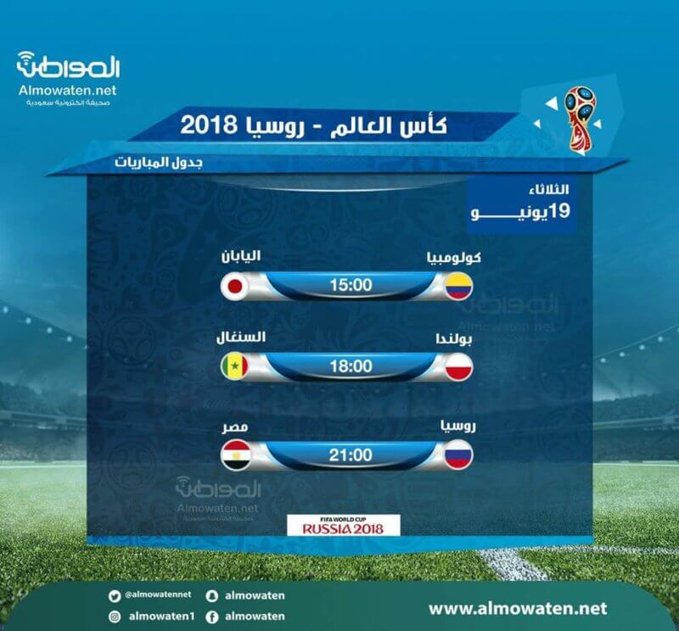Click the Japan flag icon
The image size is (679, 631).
coord(235,286)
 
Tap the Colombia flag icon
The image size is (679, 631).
coord(458,286)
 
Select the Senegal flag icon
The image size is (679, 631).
coord(235,367)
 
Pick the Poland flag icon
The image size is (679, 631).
coord(458,367)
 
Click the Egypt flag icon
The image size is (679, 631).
coord(236,455)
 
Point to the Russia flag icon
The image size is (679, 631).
coord(458,455)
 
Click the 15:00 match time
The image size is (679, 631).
coord(351,285)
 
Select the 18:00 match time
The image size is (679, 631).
coord(351,366)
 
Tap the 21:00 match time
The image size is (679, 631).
coord(351,455)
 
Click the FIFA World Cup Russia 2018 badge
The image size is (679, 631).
coord(344,525)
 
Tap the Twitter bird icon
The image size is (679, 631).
coord(115,596)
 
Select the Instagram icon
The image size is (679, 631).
coord(115,617)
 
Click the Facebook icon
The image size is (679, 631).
coord(211,617)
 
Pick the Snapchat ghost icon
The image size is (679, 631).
coord(211,596)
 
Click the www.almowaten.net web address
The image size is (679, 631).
coord(518,608)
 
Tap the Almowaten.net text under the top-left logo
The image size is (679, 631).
coord(68,90)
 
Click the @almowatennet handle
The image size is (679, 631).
coord(158,595)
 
